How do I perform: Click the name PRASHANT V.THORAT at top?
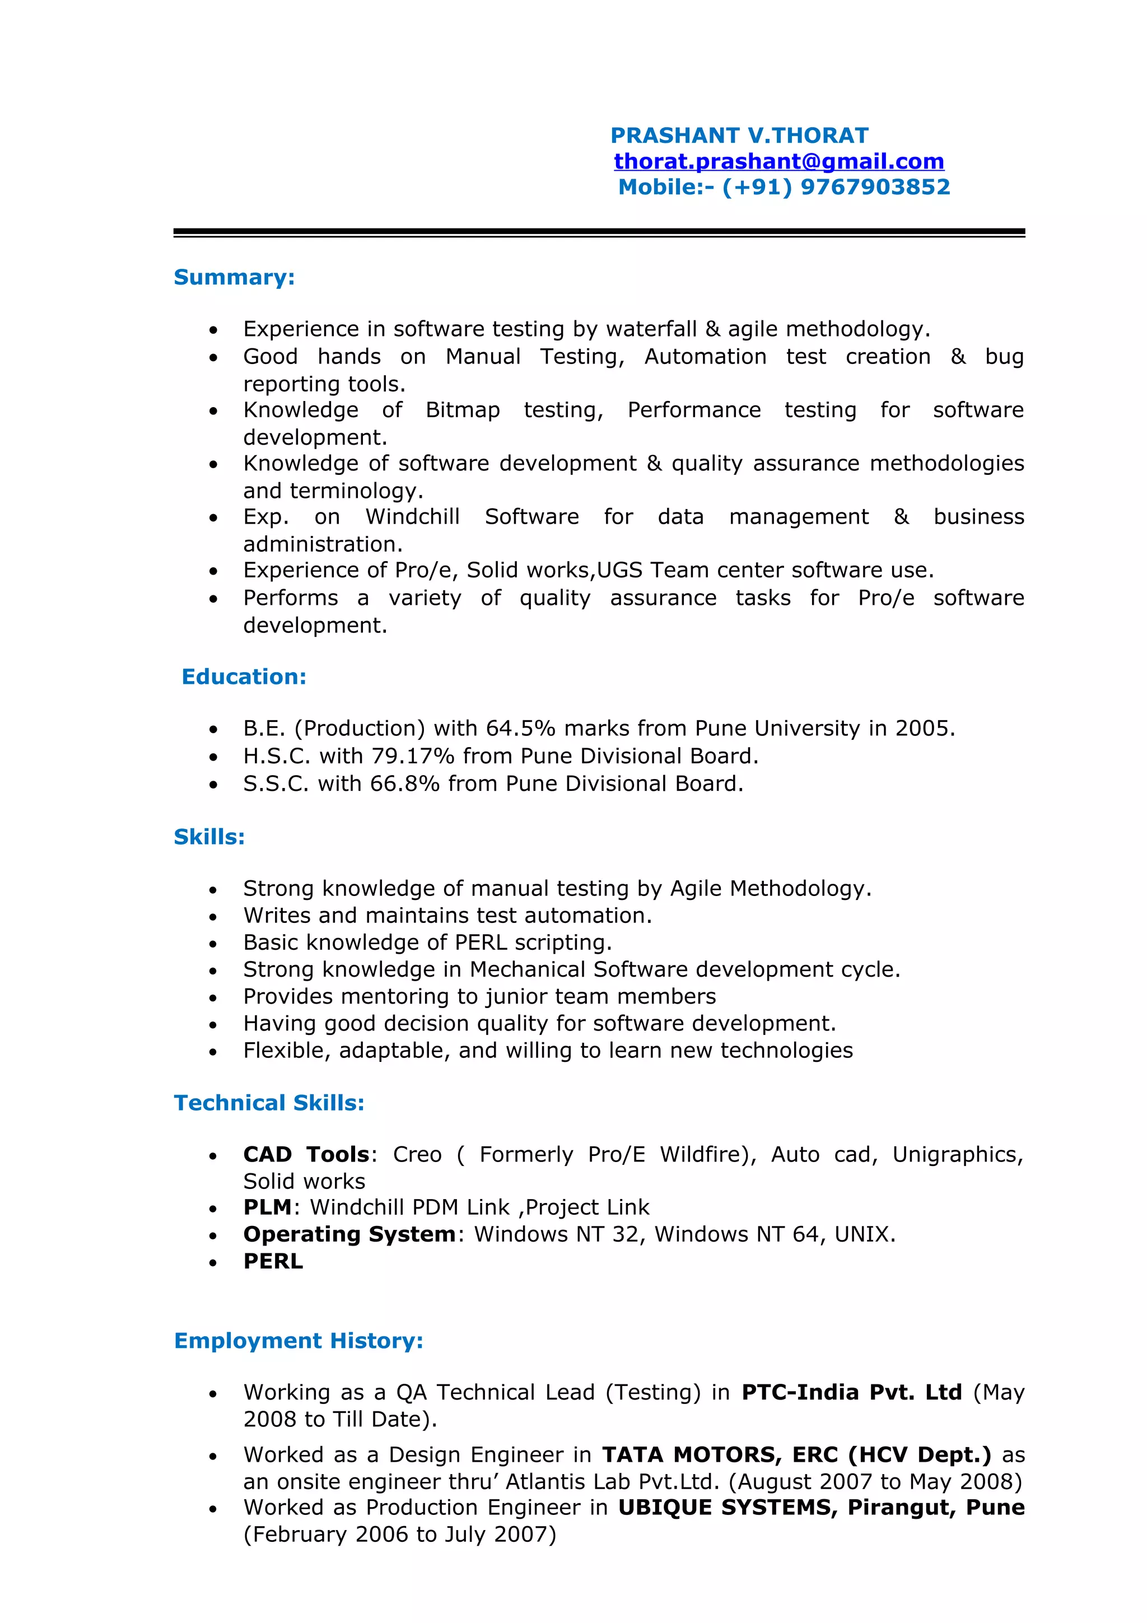click(739, 135)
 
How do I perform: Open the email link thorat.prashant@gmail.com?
click(778, 161)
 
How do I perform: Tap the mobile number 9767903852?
click(875, 186)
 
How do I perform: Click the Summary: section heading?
click(234, 277)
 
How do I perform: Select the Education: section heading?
click(244, 677)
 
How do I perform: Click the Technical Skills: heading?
click(269, 1103)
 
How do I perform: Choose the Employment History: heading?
click(299, 1340)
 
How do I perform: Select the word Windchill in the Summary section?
click(412, 517)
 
